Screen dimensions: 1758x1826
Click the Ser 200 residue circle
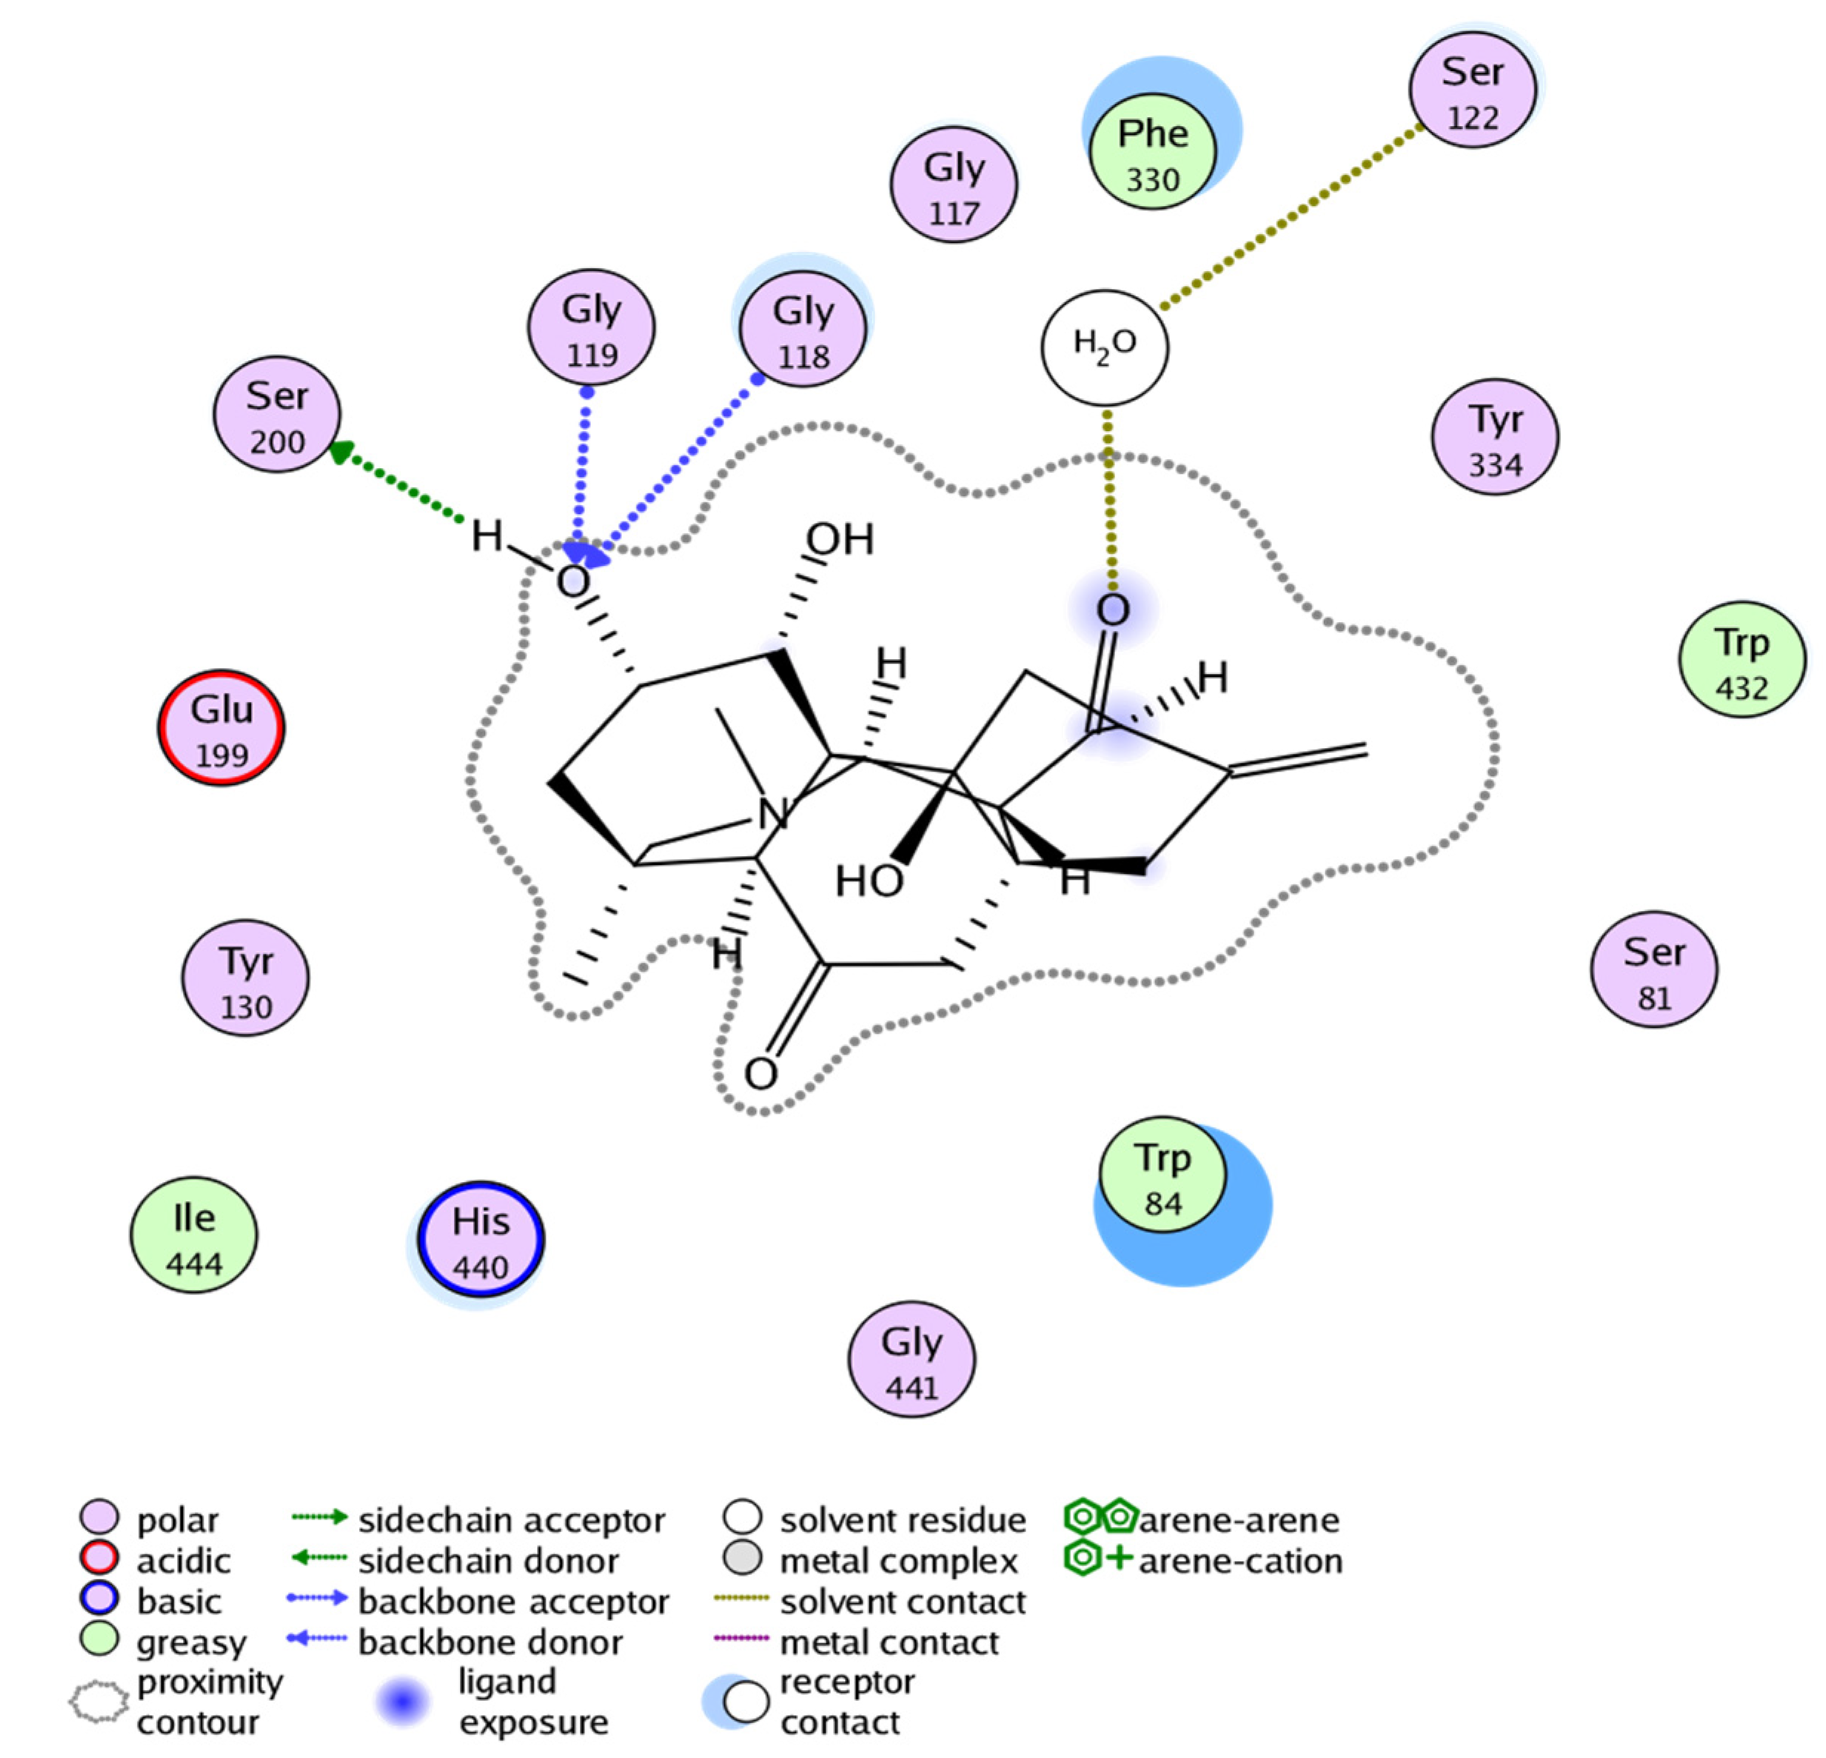(x=277, y=415)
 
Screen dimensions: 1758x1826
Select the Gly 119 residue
(x=591, y=328)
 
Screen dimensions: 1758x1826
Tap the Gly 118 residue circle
(x=802, y=329)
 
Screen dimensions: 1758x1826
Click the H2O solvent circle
(x=1104, y=347)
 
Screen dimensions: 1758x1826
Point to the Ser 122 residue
(x=1472, y=90)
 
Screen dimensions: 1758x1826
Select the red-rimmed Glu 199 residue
(x=221, y=728)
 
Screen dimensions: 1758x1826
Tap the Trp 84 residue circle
(x=1162, y=1176)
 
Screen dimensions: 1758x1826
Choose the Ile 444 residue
(x=194, y=1235)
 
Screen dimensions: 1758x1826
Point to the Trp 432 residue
(x=1742, y=660)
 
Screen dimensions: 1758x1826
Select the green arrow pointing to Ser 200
(x=396, y=483)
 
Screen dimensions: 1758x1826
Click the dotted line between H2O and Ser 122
(x=1291, y=216)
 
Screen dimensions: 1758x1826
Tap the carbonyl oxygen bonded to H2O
(x=1112, y=611)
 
